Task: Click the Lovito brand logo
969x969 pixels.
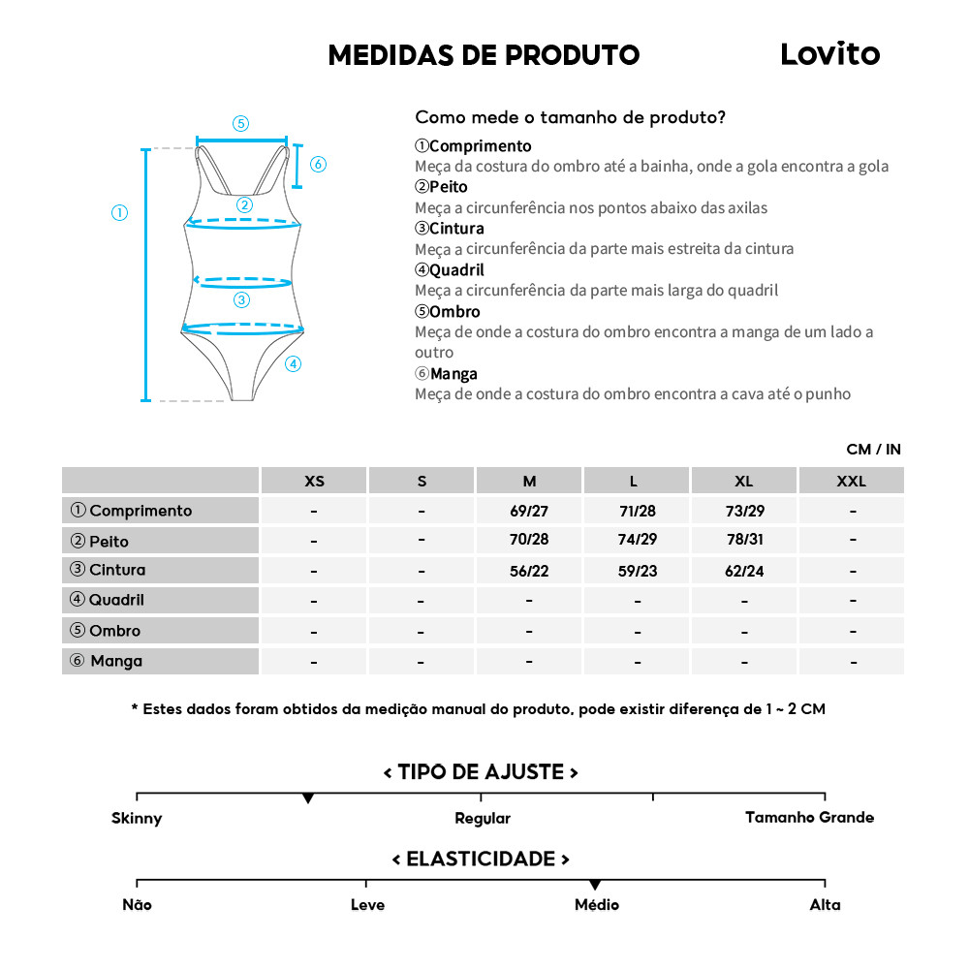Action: pos(829,54)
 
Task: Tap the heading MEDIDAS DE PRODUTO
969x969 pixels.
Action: pos(484,55)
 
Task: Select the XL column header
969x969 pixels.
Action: pos(743,481)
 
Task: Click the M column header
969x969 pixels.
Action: pos(529,481)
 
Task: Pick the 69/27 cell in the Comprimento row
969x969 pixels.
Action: pos(529,511)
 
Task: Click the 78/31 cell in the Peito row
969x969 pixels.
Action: pos(743,541)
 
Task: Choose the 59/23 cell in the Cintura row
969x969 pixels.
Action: pos(637,571)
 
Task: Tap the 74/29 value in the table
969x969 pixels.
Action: pos(637,541)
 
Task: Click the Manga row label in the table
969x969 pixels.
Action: pos(116,661)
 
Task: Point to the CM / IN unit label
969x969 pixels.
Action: pos(873,450)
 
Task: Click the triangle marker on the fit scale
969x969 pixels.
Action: pos(308,798)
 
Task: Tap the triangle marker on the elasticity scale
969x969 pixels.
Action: pos(594,885)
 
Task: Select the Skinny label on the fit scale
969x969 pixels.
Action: pos(137,818)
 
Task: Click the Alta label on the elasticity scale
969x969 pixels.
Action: pos(825,905)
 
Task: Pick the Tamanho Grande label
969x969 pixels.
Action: pos(809,817)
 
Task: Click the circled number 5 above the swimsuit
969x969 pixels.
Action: pos(240,123)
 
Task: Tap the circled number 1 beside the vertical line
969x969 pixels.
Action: pos(119,213)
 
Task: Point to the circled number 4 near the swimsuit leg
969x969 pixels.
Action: pos(294,364)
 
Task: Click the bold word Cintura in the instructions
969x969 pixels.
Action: pos(456,229)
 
